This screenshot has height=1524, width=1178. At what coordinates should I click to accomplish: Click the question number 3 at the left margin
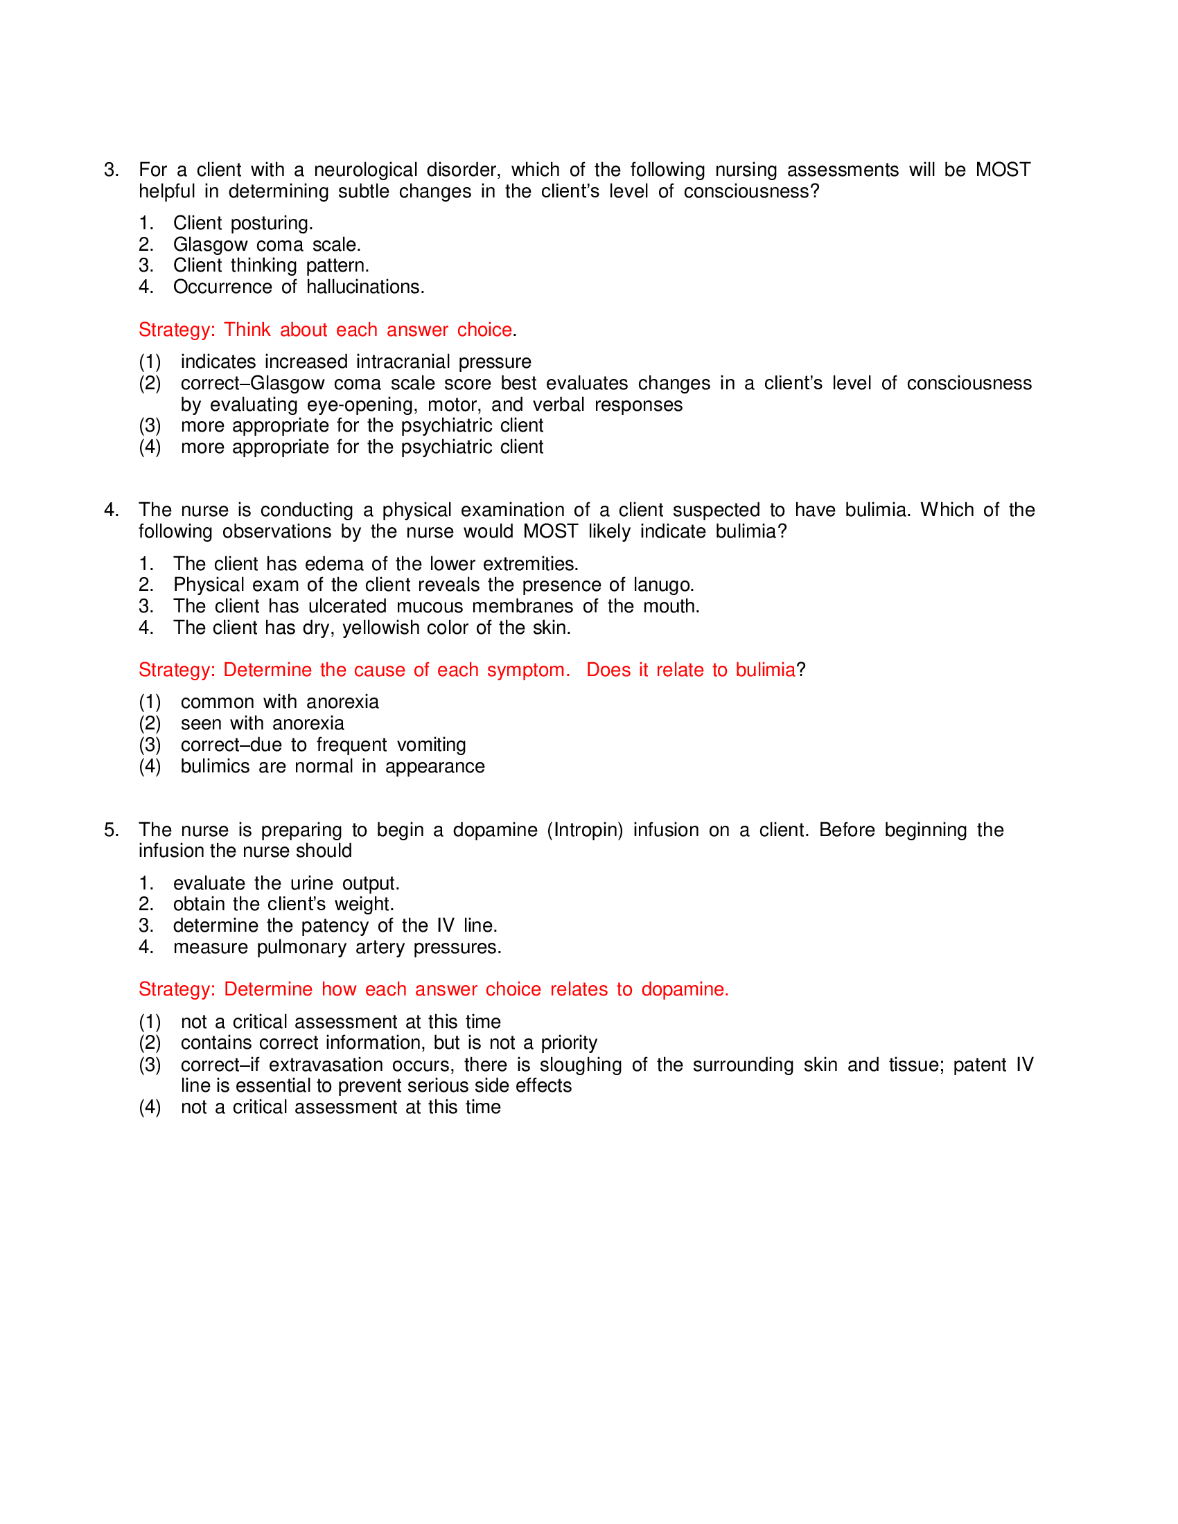pyautogui.click(x=111, y=170)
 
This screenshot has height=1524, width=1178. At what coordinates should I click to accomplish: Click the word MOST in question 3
pyautogui.click(x=1002, y=170)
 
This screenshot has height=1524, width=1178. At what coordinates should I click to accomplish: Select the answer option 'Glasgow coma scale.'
pyautogui.click(x=267, y=245)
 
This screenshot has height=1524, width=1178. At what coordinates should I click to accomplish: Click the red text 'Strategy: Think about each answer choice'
pyautogui.click(x=325, y=329)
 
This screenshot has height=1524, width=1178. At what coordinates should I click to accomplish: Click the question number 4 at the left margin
pyautogui.click(x=111, y=510)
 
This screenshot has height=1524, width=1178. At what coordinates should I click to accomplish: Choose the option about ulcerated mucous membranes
pyautogui.click(x=436, y=606)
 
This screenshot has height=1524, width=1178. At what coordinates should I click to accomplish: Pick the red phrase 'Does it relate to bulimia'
pyautogui.click(x=690, y=670)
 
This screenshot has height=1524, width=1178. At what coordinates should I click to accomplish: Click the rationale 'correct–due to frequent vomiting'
pyautogui.click(x=323, y=745)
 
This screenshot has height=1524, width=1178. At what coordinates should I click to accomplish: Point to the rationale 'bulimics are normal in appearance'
pyautogui.click(x=332, y=766)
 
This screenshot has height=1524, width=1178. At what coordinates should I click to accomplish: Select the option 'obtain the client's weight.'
pyautogui.click(x=283, y=904)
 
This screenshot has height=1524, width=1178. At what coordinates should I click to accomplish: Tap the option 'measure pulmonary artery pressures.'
pyautogui.click(x=337, y=947)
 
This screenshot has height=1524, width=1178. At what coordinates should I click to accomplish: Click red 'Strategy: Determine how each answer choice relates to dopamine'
pyautogui.click(x=432, y=989)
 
